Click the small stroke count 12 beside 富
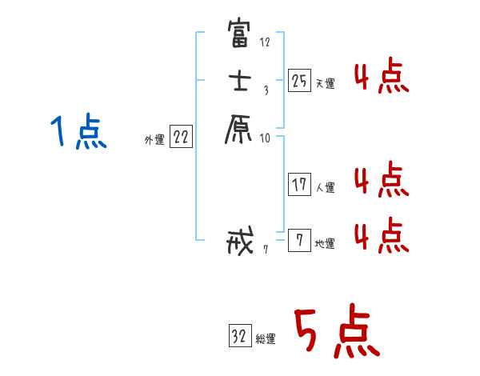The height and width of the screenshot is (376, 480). (265, 42)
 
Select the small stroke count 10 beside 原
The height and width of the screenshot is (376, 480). (265, 138)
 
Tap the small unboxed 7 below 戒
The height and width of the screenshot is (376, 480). (265, 249)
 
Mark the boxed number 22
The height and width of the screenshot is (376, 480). (181, 137)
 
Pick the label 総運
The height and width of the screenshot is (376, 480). (266, 339)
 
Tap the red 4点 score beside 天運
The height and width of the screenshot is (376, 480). (382, 77)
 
